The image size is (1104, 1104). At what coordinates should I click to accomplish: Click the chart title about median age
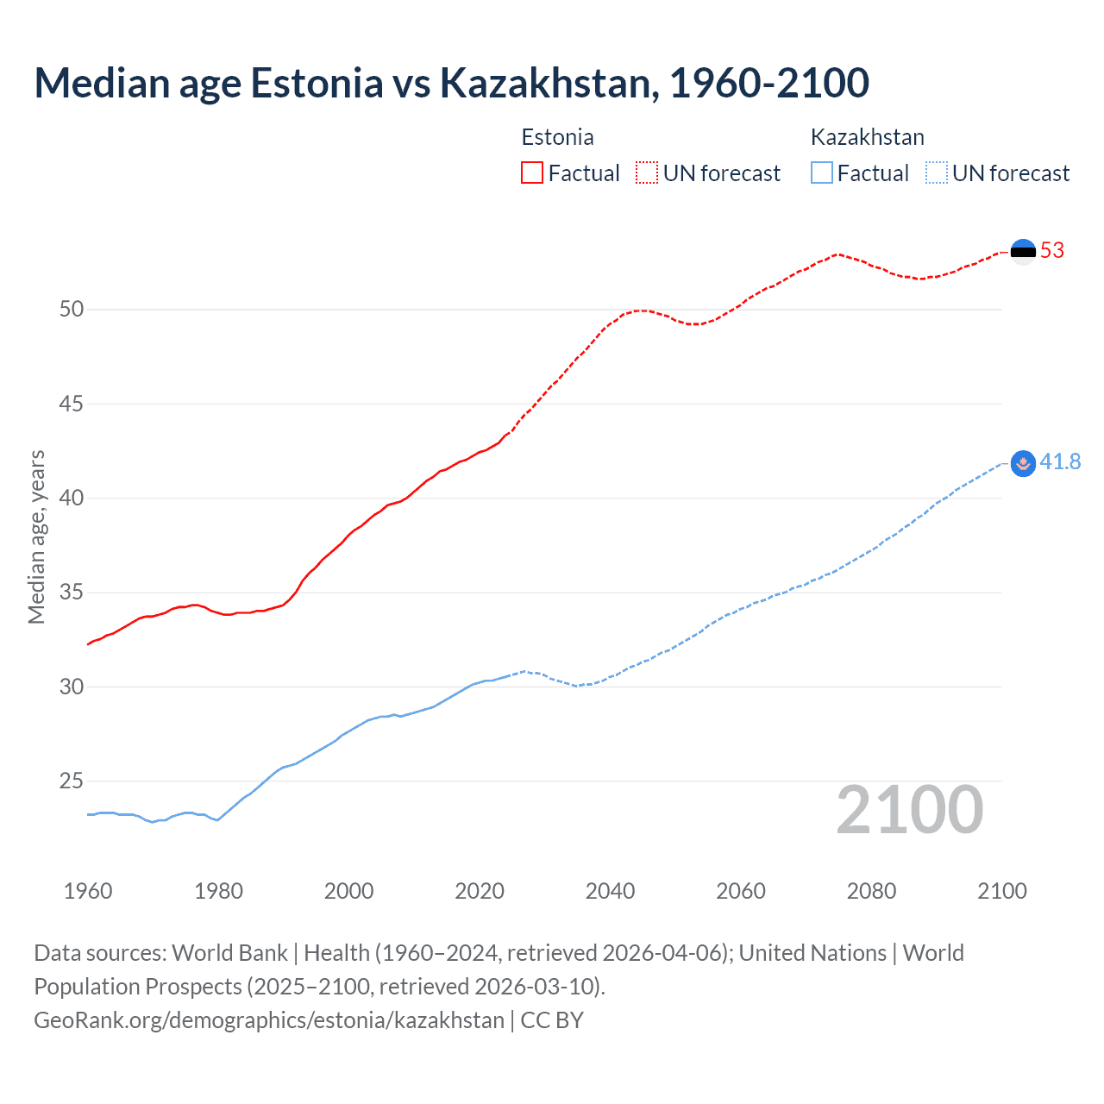tap(451, 84)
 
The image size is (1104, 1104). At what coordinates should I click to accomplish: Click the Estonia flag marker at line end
tap(1023, 251)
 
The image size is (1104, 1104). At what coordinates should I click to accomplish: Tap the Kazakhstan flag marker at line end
tap(1023, 463)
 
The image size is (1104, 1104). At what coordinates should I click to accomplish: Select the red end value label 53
tap(1052, 251)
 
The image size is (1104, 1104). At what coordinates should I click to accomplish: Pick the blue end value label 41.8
tap(1060, 462)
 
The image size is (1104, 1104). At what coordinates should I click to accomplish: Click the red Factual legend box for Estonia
tap(532, 173)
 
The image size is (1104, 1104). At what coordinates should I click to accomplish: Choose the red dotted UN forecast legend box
tap(647, 173)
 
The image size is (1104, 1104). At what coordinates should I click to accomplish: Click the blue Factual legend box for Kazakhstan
tap(821, 173)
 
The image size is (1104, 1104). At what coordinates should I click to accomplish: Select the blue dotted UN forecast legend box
tap(936, 173)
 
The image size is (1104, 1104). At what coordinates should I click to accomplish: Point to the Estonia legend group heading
tap(557, 137)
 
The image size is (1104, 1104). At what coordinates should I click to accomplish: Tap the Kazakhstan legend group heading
tap(867, 137)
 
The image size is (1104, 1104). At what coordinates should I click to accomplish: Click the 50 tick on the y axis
tap(72, 309)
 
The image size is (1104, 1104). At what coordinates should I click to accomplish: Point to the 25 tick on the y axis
tap(72, 781)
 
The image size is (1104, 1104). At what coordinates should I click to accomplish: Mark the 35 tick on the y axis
tap(72, 593)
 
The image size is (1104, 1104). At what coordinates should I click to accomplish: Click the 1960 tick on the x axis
tap(88, 891)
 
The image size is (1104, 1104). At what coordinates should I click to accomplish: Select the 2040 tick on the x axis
tap(610, 891)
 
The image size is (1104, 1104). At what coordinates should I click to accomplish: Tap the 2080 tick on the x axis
tap(871, 891)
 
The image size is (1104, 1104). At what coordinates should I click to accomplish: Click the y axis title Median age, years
tap(36, 536)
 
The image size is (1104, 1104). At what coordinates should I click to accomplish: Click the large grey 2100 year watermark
tap(909, 810)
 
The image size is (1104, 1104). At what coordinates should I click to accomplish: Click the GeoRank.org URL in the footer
tap(269, 1020)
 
